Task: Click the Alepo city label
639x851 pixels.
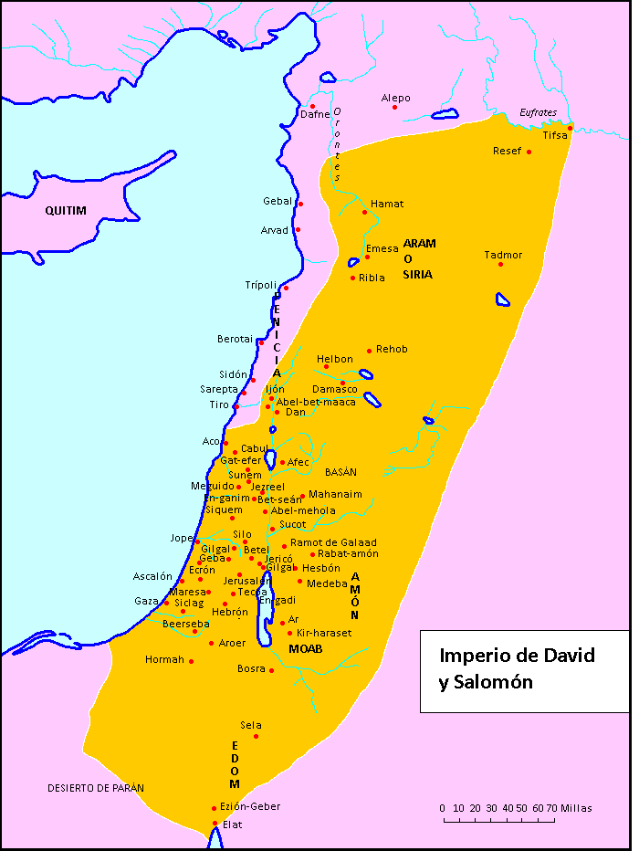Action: (395, 98)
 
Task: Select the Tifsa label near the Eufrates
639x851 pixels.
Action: (554, 135)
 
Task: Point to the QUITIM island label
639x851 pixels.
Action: (66, 211)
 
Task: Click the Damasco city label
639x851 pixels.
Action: (335, 389)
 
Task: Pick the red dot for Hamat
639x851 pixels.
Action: (364, 213)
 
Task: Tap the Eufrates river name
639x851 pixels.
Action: (538, 112)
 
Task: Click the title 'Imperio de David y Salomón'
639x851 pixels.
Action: (517, 668)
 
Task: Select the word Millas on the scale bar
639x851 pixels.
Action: (576, 808)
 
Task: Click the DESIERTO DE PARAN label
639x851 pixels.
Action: (96, 787)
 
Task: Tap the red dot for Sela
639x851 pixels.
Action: (256, 736)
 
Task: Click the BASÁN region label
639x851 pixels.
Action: (340, 472)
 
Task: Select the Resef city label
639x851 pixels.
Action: (507, 151)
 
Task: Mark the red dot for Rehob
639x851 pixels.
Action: (369, 351)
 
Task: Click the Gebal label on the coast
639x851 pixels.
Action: (278, 201)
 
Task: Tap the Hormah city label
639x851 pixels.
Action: (164, 659)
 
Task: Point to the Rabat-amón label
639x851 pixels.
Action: (348, 553)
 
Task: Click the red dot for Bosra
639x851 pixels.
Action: (271, 671)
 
